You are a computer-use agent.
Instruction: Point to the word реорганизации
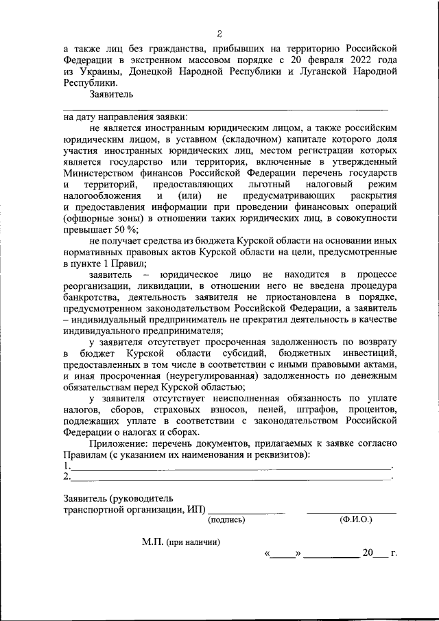[94, 286]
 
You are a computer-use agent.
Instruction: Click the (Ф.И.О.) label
[356, 520]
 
